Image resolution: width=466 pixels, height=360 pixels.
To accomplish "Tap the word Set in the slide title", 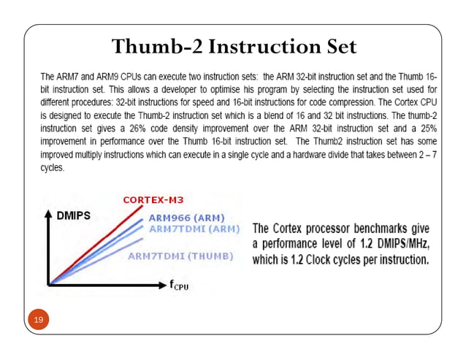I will (337, 47).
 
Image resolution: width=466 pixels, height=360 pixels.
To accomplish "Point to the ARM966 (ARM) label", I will (186, 218).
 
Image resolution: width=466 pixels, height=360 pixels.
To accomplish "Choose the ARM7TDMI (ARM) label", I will (194, 229).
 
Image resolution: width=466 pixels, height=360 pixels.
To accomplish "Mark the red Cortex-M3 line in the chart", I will (102, 240).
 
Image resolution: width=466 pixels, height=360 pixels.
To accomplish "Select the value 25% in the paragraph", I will (428, 126).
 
